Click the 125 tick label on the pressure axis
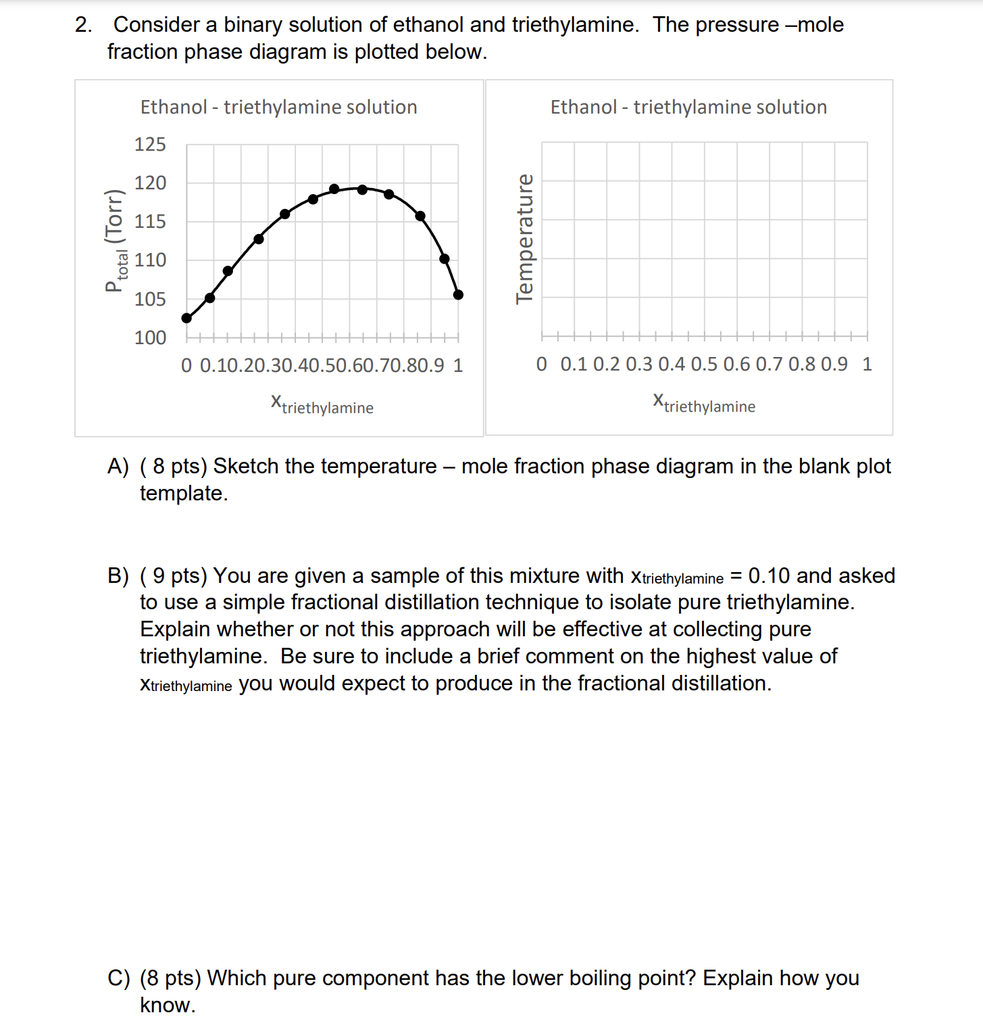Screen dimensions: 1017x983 [x=150, y=145]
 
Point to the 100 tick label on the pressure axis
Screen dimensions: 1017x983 [x=150, y=337]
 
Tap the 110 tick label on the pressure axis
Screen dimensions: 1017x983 [x=150, y=260]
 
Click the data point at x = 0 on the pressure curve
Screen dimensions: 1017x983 [x=187, y=318]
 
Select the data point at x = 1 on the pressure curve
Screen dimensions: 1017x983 [x=458, y=294]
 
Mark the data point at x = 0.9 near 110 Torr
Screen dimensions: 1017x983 [x=444, y=258]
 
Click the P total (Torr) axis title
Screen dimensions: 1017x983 [x=116, y=241]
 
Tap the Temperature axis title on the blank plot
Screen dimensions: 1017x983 [x=524, y=239]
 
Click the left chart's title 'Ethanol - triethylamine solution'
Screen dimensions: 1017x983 [x=278, y=108]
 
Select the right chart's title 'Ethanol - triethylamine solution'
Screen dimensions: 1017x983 [x=688, y=108]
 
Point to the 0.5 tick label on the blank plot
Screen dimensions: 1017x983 [x=704, y=364]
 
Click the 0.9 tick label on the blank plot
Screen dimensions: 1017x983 [x=834, y=364]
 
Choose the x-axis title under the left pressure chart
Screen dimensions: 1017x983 [x=322, y=404]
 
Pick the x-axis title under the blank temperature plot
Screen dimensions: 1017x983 [x=704, y=403]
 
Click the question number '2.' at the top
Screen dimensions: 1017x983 [x=84, y=25]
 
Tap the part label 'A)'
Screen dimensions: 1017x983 [x=118, y=467]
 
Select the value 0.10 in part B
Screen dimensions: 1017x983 [x=769, y=575]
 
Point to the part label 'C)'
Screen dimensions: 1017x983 [x=118, y=978]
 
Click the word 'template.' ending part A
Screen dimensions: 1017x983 [x=184, y=494]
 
